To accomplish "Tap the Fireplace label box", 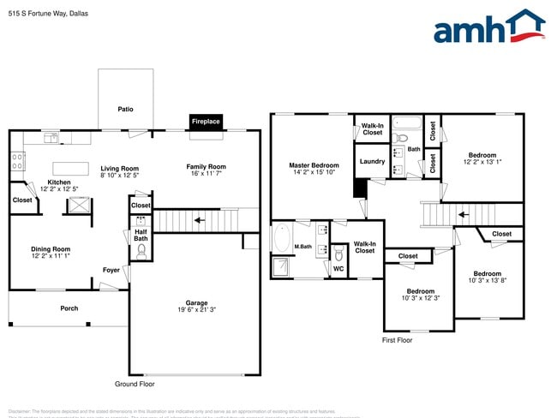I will (206, 122).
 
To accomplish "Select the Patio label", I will (125, 110).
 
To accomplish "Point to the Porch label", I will (69, 308).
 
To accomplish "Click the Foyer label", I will (111, 270).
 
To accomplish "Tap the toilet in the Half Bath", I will (142, 251).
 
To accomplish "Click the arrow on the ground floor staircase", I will (199, 220).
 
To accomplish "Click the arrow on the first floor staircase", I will (463, 215).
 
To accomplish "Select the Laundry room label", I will (372, 161).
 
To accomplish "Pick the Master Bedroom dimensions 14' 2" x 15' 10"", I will (314, 172).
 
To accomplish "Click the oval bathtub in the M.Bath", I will (282, 239).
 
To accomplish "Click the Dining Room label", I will (51, 249).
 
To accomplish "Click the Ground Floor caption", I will (135, 384).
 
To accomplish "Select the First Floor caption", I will (397, 340).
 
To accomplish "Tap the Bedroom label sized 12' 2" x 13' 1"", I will (482, 155).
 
